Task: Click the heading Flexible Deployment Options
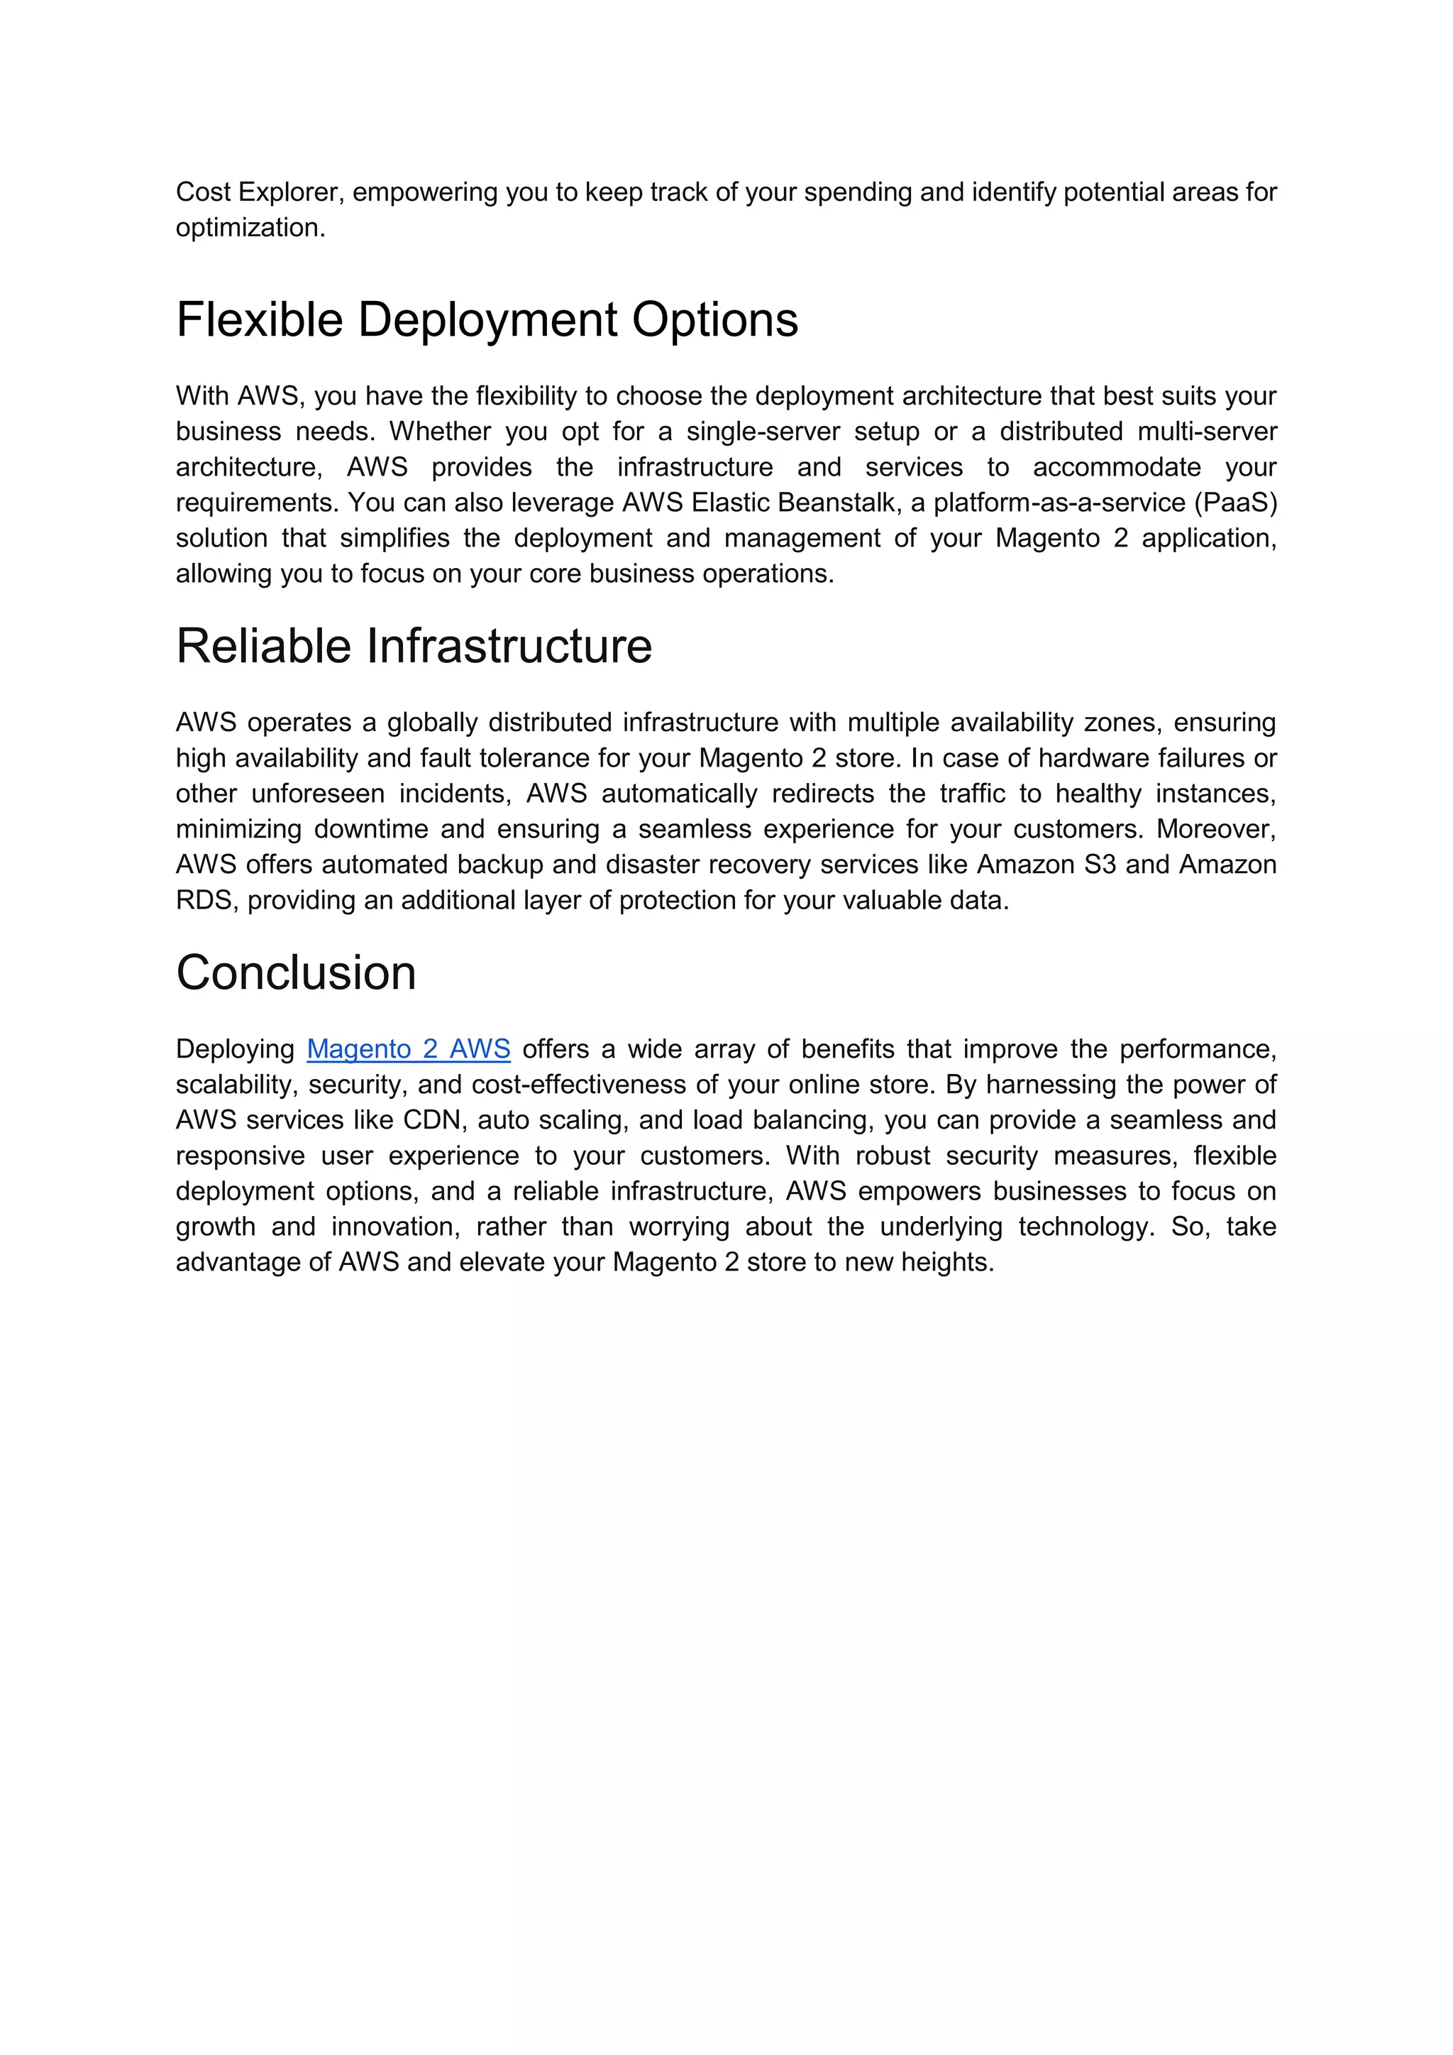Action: (x=487, y=319)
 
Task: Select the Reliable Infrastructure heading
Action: (x=414, y=646)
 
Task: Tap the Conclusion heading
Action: (x=296, y=973)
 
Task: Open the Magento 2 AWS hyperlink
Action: (x=408, y=1049)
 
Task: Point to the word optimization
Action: (x=250, y=229)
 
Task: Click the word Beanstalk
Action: (x=839, y=503)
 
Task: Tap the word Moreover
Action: (x=1216, y=830)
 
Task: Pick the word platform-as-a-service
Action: (x=1059, y=503)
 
